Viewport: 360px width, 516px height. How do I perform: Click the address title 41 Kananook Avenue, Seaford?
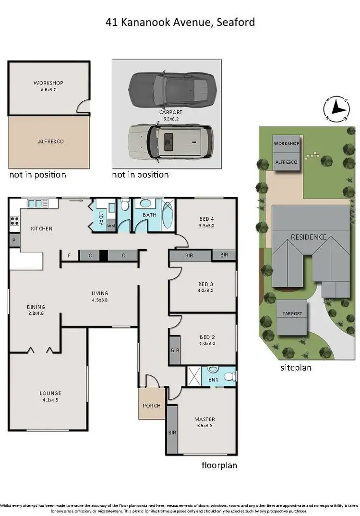click(x=180, y=22)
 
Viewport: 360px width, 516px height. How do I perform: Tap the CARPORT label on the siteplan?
click(x=292, y=313)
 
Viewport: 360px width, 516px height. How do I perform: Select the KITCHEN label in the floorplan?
click(x=42, y=228)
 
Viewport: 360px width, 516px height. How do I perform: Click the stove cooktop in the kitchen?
click(x=14, y=221)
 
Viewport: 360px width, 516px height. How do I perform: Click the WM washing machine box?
click(x=110, y=226)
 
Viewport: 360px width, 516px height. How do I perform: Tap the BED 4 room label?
click(x=207, y=219)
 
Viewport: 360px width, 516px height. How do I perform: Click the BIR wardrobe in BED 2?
click(x=175, y=350)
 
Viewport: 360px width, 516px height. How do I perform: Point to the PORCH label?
click(x=152, y=405)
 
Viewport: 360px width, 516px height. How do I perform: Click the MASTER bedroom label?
click(x=204, y=419)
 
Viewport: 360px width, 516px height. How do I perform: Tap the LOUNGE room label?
click(x=50, y=393)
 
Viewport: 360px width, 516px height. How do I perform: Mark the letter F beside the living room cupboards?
click(x=69, y=256)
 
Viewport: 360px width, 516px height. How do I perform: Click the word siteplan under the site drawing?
click(x=296, y=368)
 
